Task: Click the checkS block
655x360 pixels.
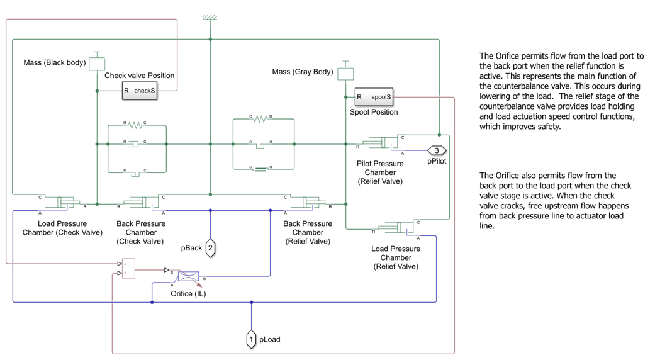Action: (139, 91)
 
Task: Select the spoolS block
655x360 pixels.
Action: (374, 97)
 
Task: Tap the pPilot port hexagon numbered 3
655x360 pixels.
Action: (437, 150)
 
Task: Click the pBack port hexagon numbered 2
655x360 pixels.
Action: (210, 247)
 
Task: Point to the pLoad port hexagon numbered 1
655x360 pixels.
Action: (251, 339)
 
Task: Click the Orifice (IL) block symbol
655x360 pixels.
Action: (188, 276)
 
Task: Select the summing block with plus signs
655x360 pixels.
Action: (128, 267)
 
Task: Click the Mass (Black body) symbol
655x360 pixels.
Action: (97, 62)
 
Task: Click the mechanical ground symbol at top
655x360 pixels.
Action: (210, 18)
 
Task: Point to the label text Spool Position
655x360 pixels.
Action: (374, 112)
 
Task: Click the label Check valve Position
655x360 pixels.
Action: (139, 76)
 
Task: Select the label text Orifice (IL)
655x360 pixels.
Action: (188, 293)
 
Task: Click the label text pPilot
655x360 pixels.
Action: (437, 162)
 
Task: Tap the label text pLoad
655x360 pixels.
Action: (270, 340)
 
